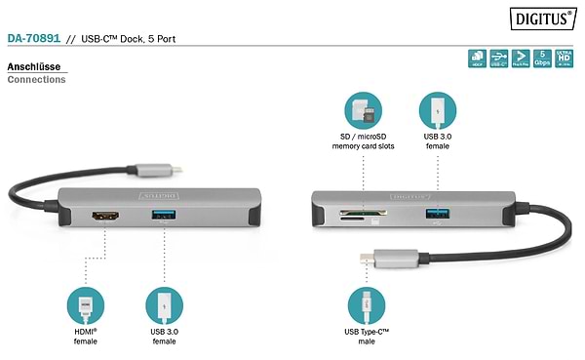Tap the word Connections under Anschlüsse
point(36,80)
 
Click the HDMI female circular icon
point(86,306)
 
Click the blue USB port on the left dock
point(161,215)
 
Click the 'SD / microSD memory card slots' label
point(362,141)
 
